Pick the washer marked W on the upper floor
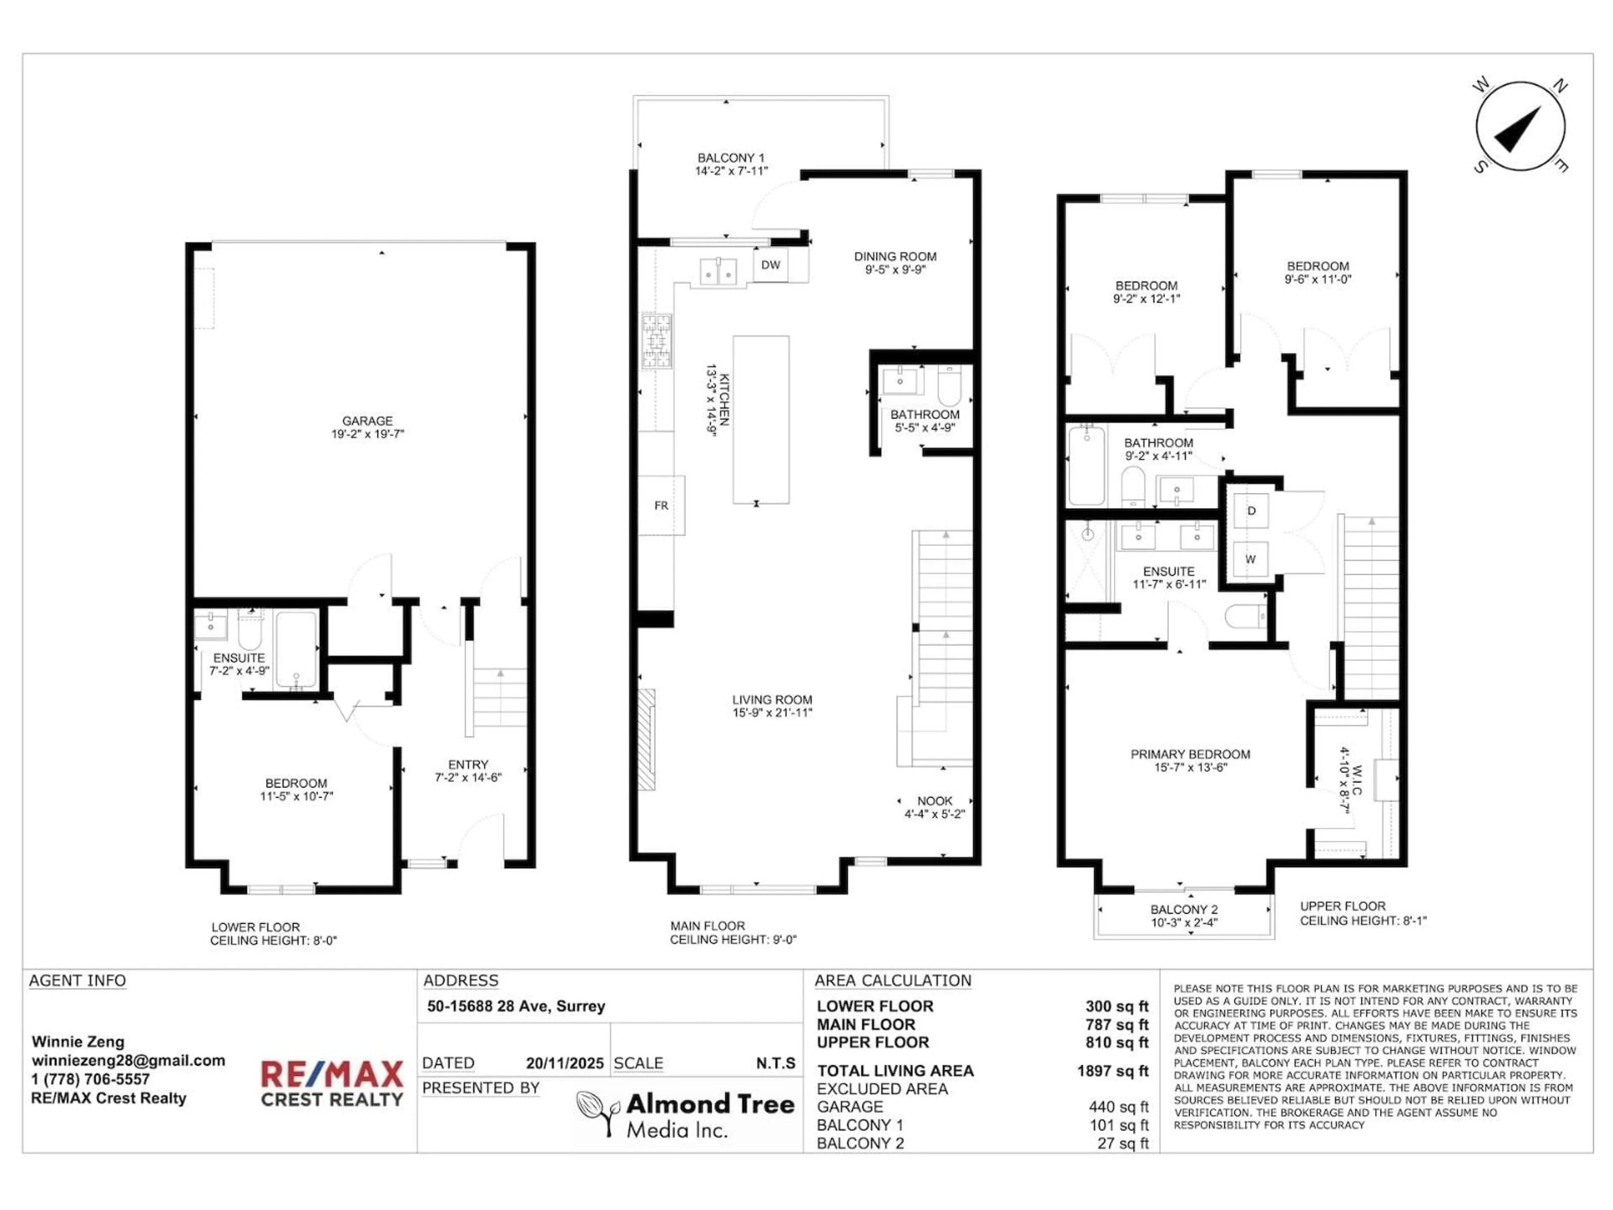(1250, 560)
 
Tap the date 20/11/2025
(565, 1063)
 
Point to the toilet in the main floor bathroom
(949, 387)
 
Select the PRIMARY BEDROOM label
(1190, 754)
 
